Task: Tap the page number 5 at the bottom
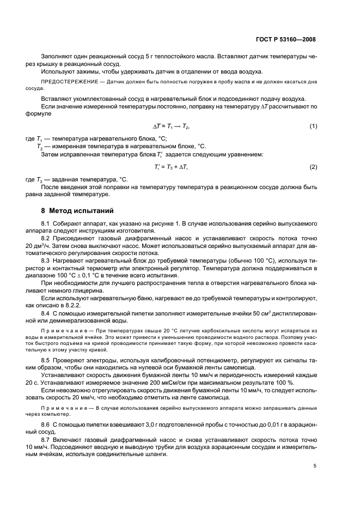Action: click(314, 466)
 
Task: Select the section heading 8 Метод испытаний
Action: click(75, 211)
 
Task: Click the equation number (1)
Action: click(313, 126)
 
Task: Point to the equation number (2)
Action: click(313, 166)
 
